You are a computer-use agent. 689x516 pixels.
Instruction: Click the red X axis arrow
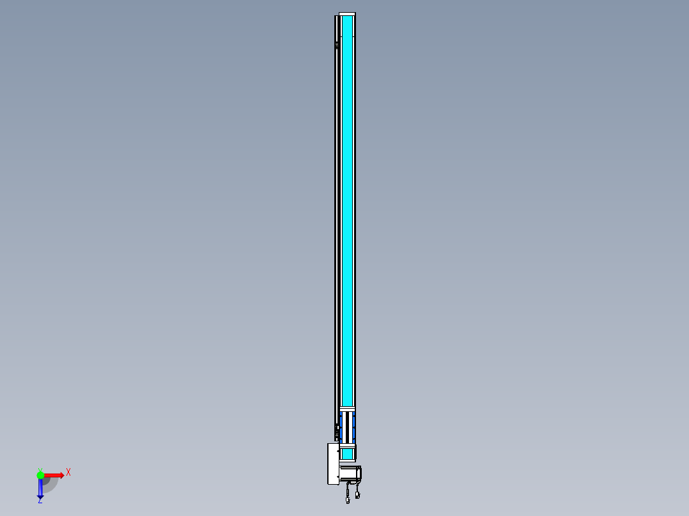click(x=54, y=475)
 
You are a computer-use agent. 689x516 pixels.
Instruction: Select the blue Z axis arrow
click(x=40, y=489)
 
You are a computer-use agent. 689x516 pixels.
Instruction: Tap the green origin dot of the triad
click(x=40, y=475)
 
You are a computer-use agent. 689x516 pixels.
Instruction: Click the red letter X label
click(x=68, y=472)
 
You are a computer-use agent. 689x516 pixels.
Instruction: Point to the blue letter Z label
click(x=40, y=501)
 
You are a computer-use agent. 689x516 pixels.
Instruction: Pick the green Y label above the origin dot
click(x=40, y=469)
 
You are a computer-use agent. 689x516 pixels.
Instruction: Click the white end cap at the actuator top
click(x=347, y=14)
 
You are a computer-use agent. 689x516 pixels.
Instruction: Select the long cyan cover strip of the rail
click(x=347, y=211)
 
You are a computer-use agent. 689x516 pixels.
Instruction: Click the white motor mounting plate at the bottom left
click(x=333, y=464)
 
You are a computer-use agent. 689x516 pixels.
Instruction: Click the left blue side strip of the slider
click(x=341, y=427)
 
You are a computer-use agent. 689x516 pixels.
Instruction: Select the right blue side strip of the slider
click(x=354, y=427)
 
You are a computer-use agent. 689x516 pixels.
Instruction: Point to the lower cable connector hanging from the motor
click(x=348, y=500)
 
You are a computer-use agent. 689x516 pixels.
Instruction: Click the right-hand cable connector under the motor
click(x=358, y=494)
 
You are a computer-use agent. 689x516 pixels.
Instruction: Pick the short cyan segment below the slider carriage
click(x=347, y=453)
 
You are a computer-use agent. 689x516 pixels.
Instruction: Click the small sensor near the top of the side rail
click(x=336, y=45)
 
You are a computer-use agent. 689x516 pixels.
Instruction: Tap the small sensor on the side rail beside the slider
click(x=337, y=431)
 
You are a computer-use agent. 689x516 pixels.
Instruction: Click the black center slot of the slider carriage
click(x=347, y=427)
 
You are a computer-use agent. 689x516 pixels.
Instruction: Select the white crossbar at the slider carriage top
click(x=347, y=409)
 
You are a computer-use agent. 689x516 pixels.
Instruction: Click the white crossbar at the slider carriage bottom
click(x=347, y=445)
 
